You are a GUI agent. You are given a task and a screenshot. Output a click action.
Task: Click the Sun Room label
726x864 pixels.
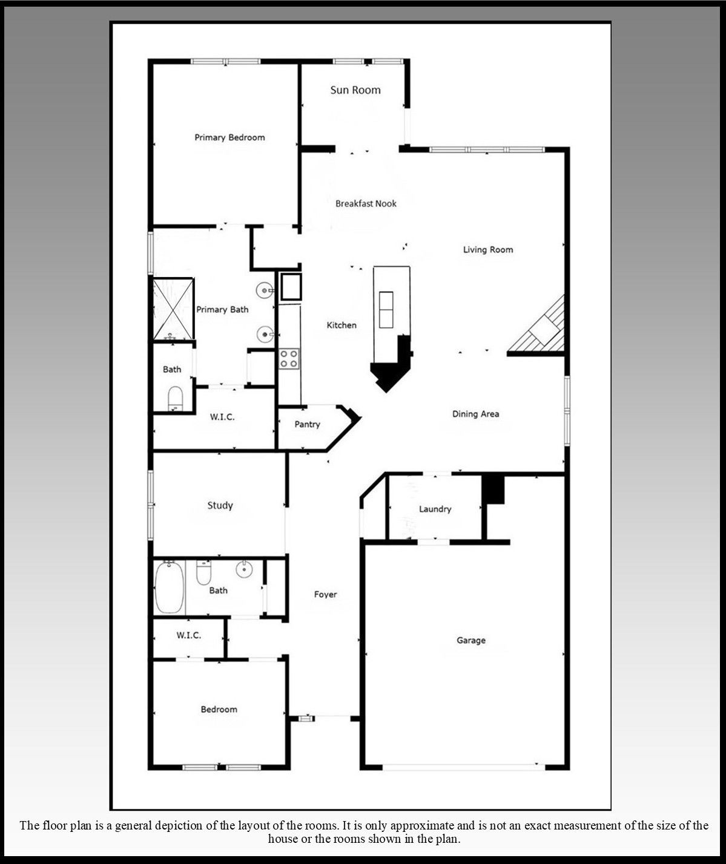[355, 90]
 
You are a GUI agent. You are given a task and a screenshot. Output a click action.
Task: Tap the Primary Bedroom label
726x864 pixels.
[230, 137]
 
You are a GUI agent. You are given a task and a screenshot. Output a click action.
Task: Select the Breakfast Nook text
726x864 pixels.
[366, 203]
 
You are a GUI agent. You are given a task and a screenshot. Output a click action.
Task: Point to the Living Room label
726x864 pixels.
[488, 249]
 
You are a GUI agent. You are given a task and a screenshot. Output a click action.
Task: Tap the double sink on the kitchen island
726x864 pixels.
[386, 310]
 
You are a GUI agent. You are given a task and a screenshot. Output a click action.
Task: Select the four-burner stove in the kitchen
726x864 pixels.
[289, 359]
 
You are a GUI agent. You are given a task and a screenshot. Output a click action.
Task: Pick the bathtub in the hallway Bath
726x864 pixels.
[170, 587]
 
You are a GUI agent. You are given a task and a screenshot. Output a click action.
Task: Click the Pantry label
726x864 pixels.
[308, 425]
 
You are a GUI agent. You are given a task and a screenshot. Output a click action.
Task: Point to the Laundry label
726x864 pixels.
[435, 509]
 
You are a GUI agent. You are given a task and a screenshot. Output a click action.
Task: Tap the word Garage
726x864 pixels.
[471, 641]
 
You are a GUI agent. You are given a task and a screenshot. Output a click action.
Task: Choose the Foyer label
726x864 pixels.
[325, 595]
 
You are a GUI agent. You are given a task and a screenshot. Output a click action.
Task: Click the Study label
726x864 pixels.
[220, 505]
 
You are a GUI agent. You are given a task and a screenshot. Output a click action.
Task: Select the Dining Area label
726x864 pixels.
[475, 414]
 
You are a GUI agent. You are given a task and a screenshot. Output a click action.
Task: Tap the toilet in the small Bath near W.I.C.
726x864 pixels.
[175, 398]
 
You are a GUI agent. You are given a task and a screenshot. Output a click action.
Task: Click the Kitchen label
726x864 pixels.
[342, 326]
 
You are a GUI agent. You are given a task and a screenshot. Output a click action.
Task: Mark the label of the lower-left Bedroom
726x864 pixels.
[219, 709]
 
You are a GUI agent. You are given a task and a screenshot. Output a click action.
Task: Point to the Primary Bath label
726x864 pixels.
[222, 310]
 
